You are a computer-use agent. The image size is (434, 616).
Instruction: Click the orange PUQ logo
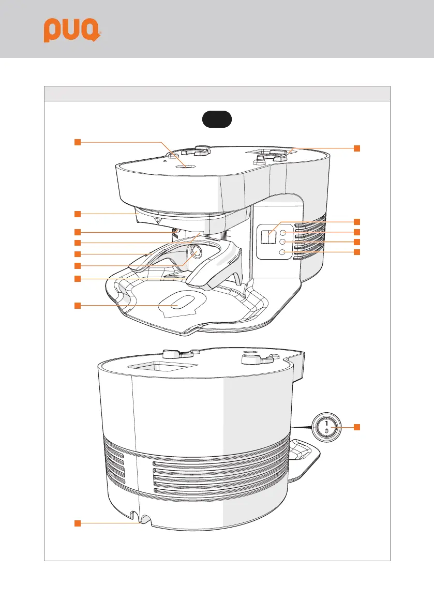coord(71,31)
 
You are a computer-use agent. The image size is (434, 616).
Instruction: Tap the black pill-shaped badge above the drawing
coord(217,119)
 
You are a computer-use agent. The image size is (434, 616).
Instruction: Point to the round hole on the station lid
coord(188,166)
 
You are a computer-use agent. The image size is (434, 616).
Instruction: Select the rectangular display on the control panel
coord(268,237)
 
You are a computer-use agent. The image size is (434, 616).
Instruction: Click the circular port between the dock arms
coord(197,252)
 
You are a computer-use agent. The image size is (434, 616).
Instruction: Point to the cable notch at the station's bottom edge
coord(140,518)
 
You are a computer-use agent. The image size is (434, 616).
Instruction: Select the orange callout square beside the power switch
coord(357,427)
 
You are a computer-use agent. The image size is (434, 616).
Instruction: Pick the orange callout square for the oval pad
coord(77,306)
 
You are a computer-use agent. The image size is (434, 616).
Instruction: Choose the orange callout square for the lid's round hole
coord(77,142)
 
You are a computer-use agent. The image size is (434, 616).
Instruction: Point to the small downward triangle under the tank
coord(159,220)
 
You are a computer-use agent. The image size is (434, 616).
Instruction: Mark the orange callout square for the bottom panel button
coord(357,252)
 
